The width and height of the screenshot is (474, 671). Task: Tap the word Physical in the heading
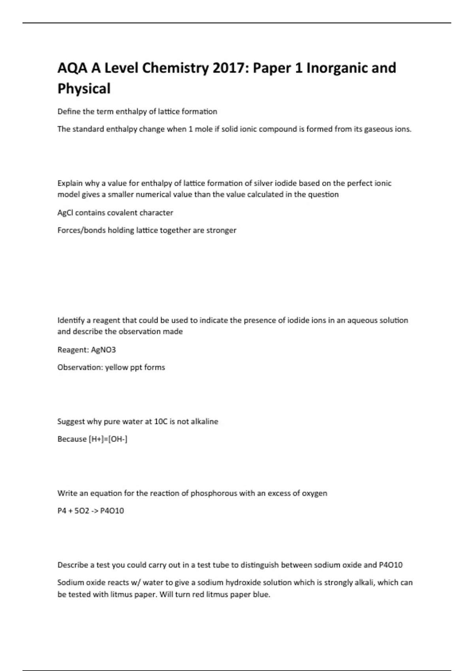84,88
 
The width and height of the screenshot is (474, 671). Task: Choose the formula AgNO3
103,350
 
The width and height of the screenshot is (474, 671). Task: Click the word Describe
73,565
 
